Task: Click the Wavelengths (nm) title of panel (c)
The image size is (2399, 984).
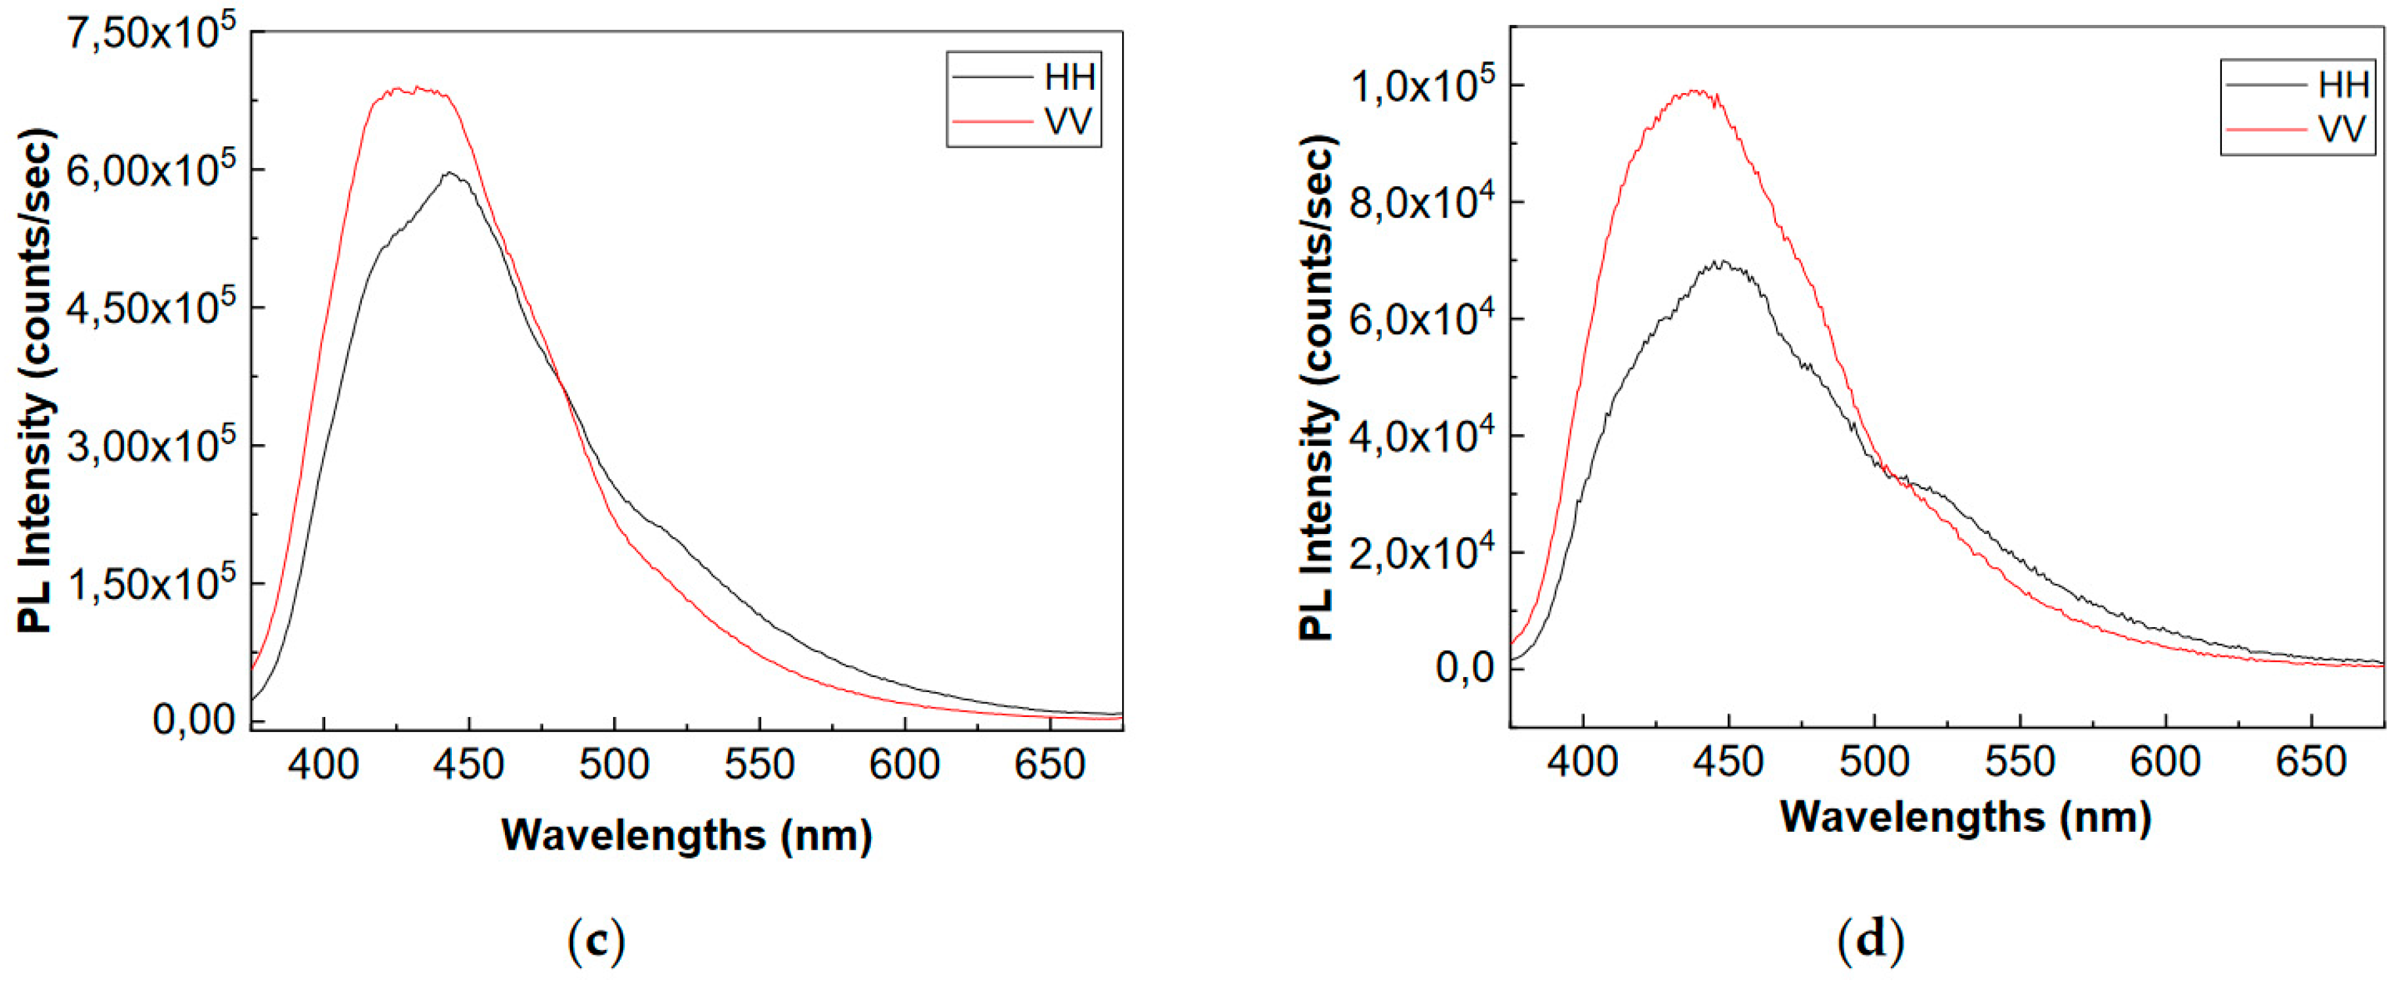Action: (x=687, y=835)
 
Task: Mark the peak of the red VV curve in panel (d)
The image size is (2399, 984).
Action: (x=1695, y=91)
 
